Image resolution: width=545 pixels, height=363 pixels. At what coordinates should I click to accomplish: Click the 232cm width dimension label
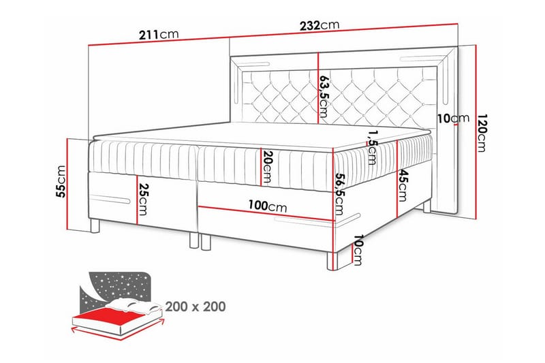coord(320,25)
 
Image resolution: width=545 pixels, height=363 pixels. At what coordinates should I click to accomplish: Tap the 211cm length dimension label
coord(159,34)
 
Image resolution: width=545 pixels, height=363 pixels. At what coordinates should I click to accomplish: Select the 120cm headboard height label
coord(481,133)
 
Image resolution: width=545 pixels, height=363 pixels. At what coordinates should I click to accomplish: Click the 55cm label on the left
coord(61,181)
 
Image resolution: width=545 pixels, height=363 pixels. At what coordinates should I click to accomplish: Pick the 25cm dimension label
coord(142,199)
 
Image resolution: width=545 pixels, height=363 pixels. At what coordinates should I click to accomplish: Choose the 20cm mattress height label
coord(267,166)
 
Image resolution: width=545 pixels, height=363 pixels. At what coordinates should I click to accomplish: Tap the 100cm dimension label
coord(268,206)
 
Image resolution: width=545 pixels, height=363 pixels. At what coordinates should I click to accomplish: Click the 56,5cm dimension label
coord(339,195)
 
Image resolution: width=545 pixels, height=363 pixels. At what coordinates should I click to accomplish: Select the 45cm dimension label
coord(403,185)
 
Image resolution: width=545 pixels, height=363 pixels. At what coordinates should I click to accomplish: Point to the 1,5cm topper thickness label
coord(371,147)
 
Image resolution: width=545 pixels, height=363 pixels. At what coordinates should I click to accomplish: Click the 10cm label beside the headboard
coord(453,119)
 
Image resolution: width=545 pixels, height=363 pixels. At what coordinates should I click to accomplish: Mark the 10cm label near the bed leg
coord(358,250)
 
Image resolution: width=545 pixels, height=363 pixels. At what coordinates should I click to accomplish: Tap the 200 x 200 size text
coord(196,306)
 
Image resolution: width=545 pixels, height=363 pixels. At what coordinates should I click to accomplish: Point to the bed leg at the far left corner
coord(95,225)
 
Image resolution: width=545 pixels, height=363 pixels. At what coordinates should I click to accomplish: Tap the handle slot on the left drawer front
coord(110,200)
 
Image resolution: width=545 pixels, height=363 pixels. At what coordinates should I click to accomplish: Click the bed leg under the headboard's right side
coord(427,206)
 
